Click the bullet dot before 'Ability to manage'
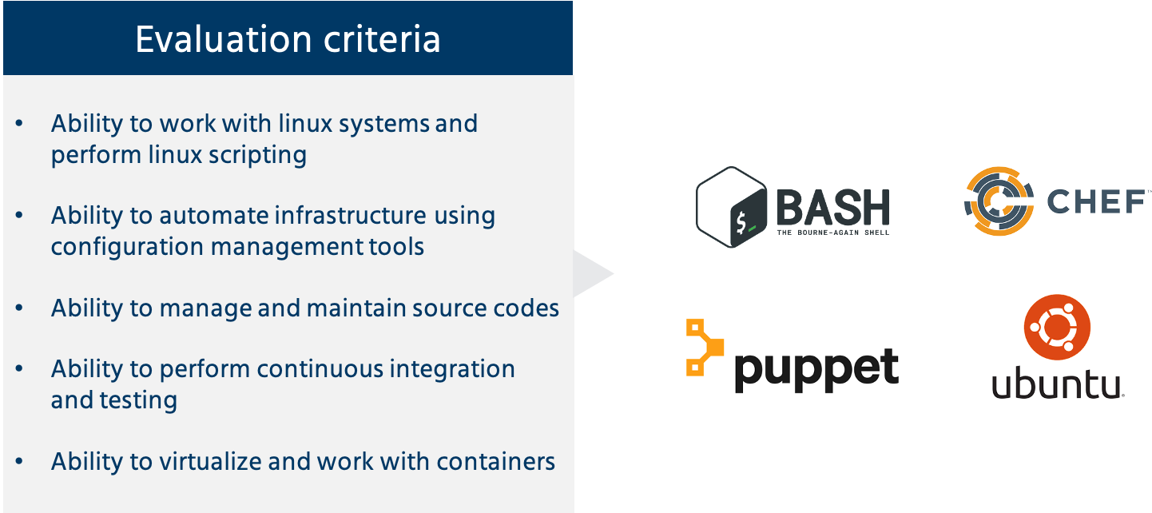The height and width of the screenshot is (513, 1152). [x=19, y=308]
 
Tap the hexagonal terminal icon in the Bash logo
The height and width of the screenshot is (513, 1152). [x=732, y=207]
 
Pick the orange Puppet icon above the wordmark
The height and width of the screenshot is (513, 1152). [x=703, y=348]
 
